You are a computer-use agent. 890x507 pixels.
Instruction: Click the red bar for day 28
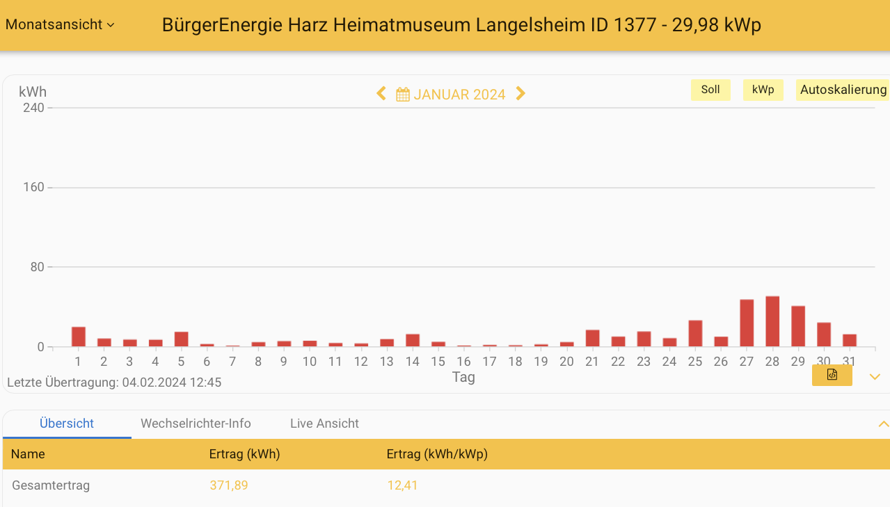point(772,322)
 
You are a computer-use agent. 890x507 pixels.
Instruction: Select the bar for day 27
point(747,323)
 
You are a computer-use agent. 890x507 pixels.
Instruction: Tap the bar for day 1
point(79,337)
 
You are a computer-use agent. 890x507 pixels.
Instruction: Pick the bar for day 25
point(695,334)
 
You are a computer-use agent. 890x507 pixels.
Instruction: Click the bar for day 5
point(182,339)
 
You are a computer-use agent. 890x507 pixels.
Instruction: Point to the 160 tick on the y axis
point(33,188)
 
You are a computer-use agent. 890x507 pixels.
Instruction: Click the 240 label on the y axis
point(33,108)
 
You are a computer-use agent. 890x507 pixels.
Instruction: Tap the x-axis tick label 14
point(413,362)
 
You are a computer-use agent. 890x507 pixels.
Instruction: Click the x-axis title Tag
point(463,377)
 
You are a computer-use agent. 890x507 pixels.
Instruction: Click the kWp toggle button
point(763,90)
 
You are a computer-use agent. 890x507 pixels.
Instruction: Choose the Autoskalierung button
point(843,90)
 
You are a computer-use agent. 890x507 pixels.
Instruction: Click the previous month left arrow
point(381,94)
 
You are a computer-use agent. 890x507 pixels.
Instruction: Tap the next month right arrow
point(521,94)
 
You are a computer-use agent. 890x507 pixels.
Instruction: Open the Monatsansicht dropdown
point(60,24)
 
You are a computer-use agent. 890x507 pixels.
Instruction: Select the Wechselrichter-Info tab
point(196,424)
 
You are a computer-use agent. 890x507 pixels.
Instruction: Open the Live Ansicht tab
point(324,424)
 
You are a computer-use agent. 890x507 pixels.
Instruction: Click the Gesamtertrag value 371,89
point(229,485)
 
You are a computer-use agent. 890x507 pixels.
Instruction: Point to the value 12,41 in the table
point(402,485)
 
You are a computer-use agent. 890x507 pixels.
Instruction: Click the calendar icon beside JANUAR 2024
point(403,95)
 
